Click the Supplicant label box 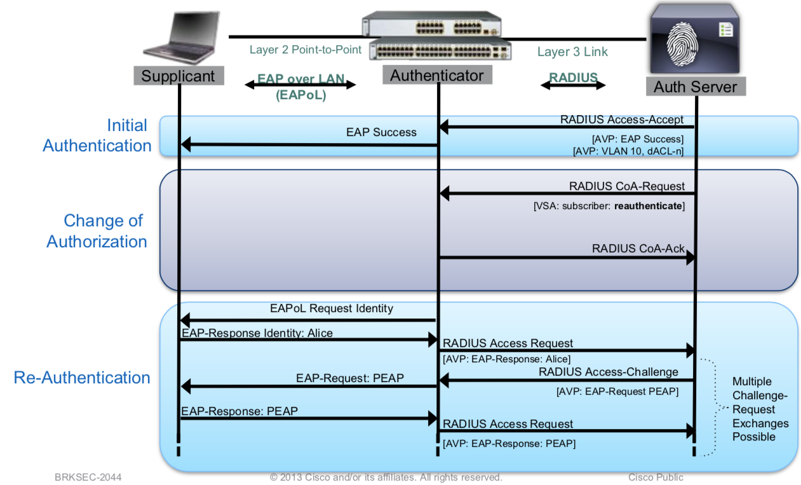(178, 76)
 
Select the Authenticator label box (437, 75)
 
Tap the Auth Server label (695, 86)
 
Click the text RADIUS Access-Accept (621, 120)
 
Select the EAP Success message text (381, 132)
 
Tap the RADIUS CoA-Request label (626, 186)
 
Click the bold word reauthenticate (648, 207)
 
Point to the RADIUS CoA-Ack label (638, 249)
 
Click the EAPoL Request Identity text (331, 309)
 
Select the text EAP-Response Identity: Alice (257, 332)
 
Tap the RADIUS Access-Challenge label (609, 372)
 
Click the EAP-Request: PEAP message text (349, 378)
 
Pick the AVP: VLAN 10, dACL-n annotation (628, 151)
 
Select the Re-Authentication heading (82, 378)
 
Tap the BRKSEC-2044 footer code (88, 477)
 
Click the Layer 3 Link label (572, 52)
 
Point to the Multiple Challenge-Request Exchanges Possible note (760, 409)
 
